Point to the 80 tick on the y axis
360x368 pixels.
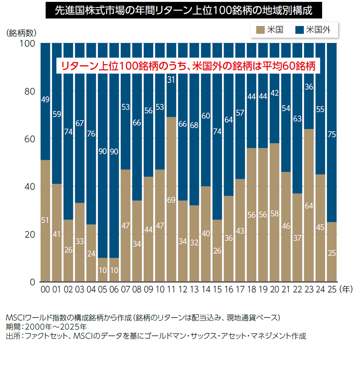click(x=29, y=91)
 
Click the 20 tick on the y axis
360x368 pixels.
click(x=29, y=234)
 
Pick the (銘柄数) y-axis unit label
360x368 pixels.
click(x=22, y=33)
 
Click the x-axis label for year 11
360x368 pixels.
click(x=171, y=290)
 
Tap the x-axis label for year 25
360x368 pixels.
click(x=331, y=290)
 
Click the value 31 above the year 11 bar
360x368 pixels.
click(x=171, y=79)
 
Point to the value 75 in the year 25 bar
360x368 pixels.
click(x=332, y=135)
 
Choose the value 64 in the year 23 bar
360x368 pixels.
click(x=309, y=206)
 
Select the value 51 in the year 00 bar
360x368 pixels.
click(x=45, y=220)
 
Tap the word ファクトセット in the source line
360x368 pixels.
click(x=46, y=336)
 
